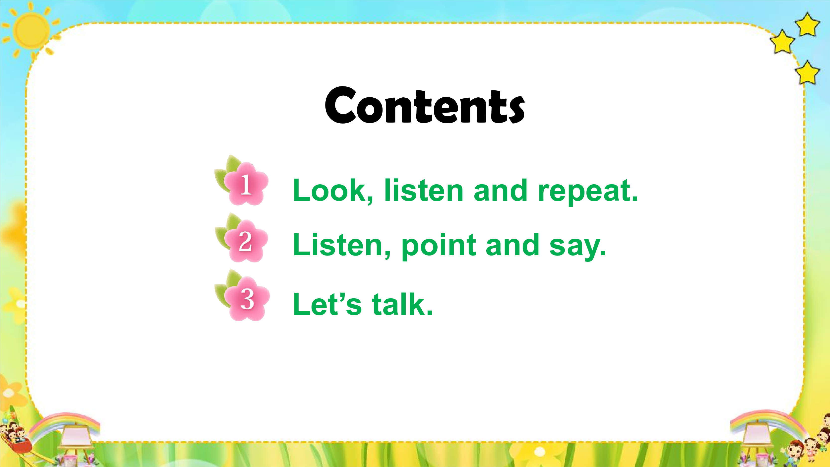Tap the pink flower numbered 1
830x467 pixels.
246,184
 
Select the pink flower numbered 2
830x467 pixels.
246,241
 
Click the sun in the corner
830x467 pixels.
31,31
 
